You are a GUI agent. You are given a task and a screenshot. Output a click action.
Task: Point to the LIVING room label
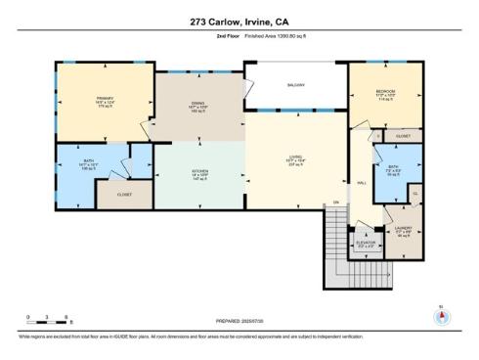[295, 156]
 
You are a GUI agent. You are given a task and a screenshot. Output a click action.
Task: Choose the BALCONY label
[296, 85]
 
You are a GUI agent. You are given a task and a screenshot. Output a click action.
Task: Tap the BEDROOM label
[384, 92]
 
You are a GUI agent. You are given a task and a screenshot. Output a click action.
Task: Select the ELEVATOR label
[365, 244]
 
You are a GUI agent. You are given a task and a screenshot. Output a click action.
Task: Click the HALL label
[361, 183]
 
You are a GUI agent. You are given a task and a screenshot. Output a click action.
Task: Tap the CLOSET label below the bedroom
[403, 135]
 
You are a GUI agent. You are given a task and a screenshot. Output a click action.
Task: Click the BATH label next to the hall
[391, 166]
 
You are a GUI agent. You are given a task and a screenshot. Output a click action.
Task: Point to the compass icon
[438, 316]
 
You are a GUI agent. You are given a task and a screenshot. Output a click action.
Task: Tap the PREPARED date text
[239, 320]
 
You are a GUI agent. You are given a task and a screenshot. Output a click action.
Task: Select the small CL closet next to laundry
[414, 195]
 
